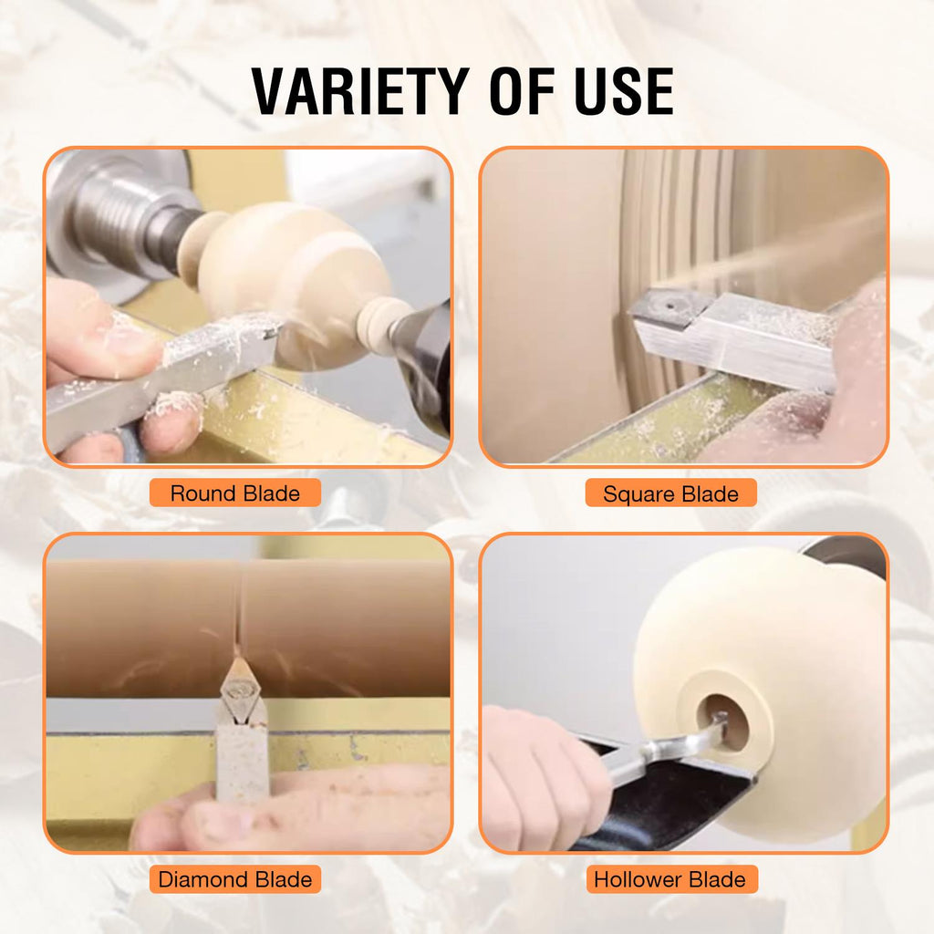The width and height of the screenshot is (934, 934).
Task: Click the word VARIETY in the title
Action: (360, 91)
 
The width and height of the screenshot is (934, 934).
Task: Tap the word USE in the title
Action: (624, 91)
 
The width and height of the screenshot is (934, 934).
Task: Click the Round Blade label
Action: (234, 493)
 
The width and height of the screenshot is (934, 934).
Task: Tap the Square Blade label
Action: (670, 493)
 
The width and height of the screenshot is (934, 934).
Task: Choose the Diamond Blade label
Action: (234, 879)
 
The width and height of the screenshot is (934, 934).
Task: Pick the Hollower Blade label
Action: (670, 879)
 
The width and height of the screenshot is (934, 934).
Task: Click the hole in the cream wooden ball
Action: (723, 721)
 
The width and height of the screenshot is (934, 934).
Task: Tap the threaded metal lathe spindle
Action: (128, 221)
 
